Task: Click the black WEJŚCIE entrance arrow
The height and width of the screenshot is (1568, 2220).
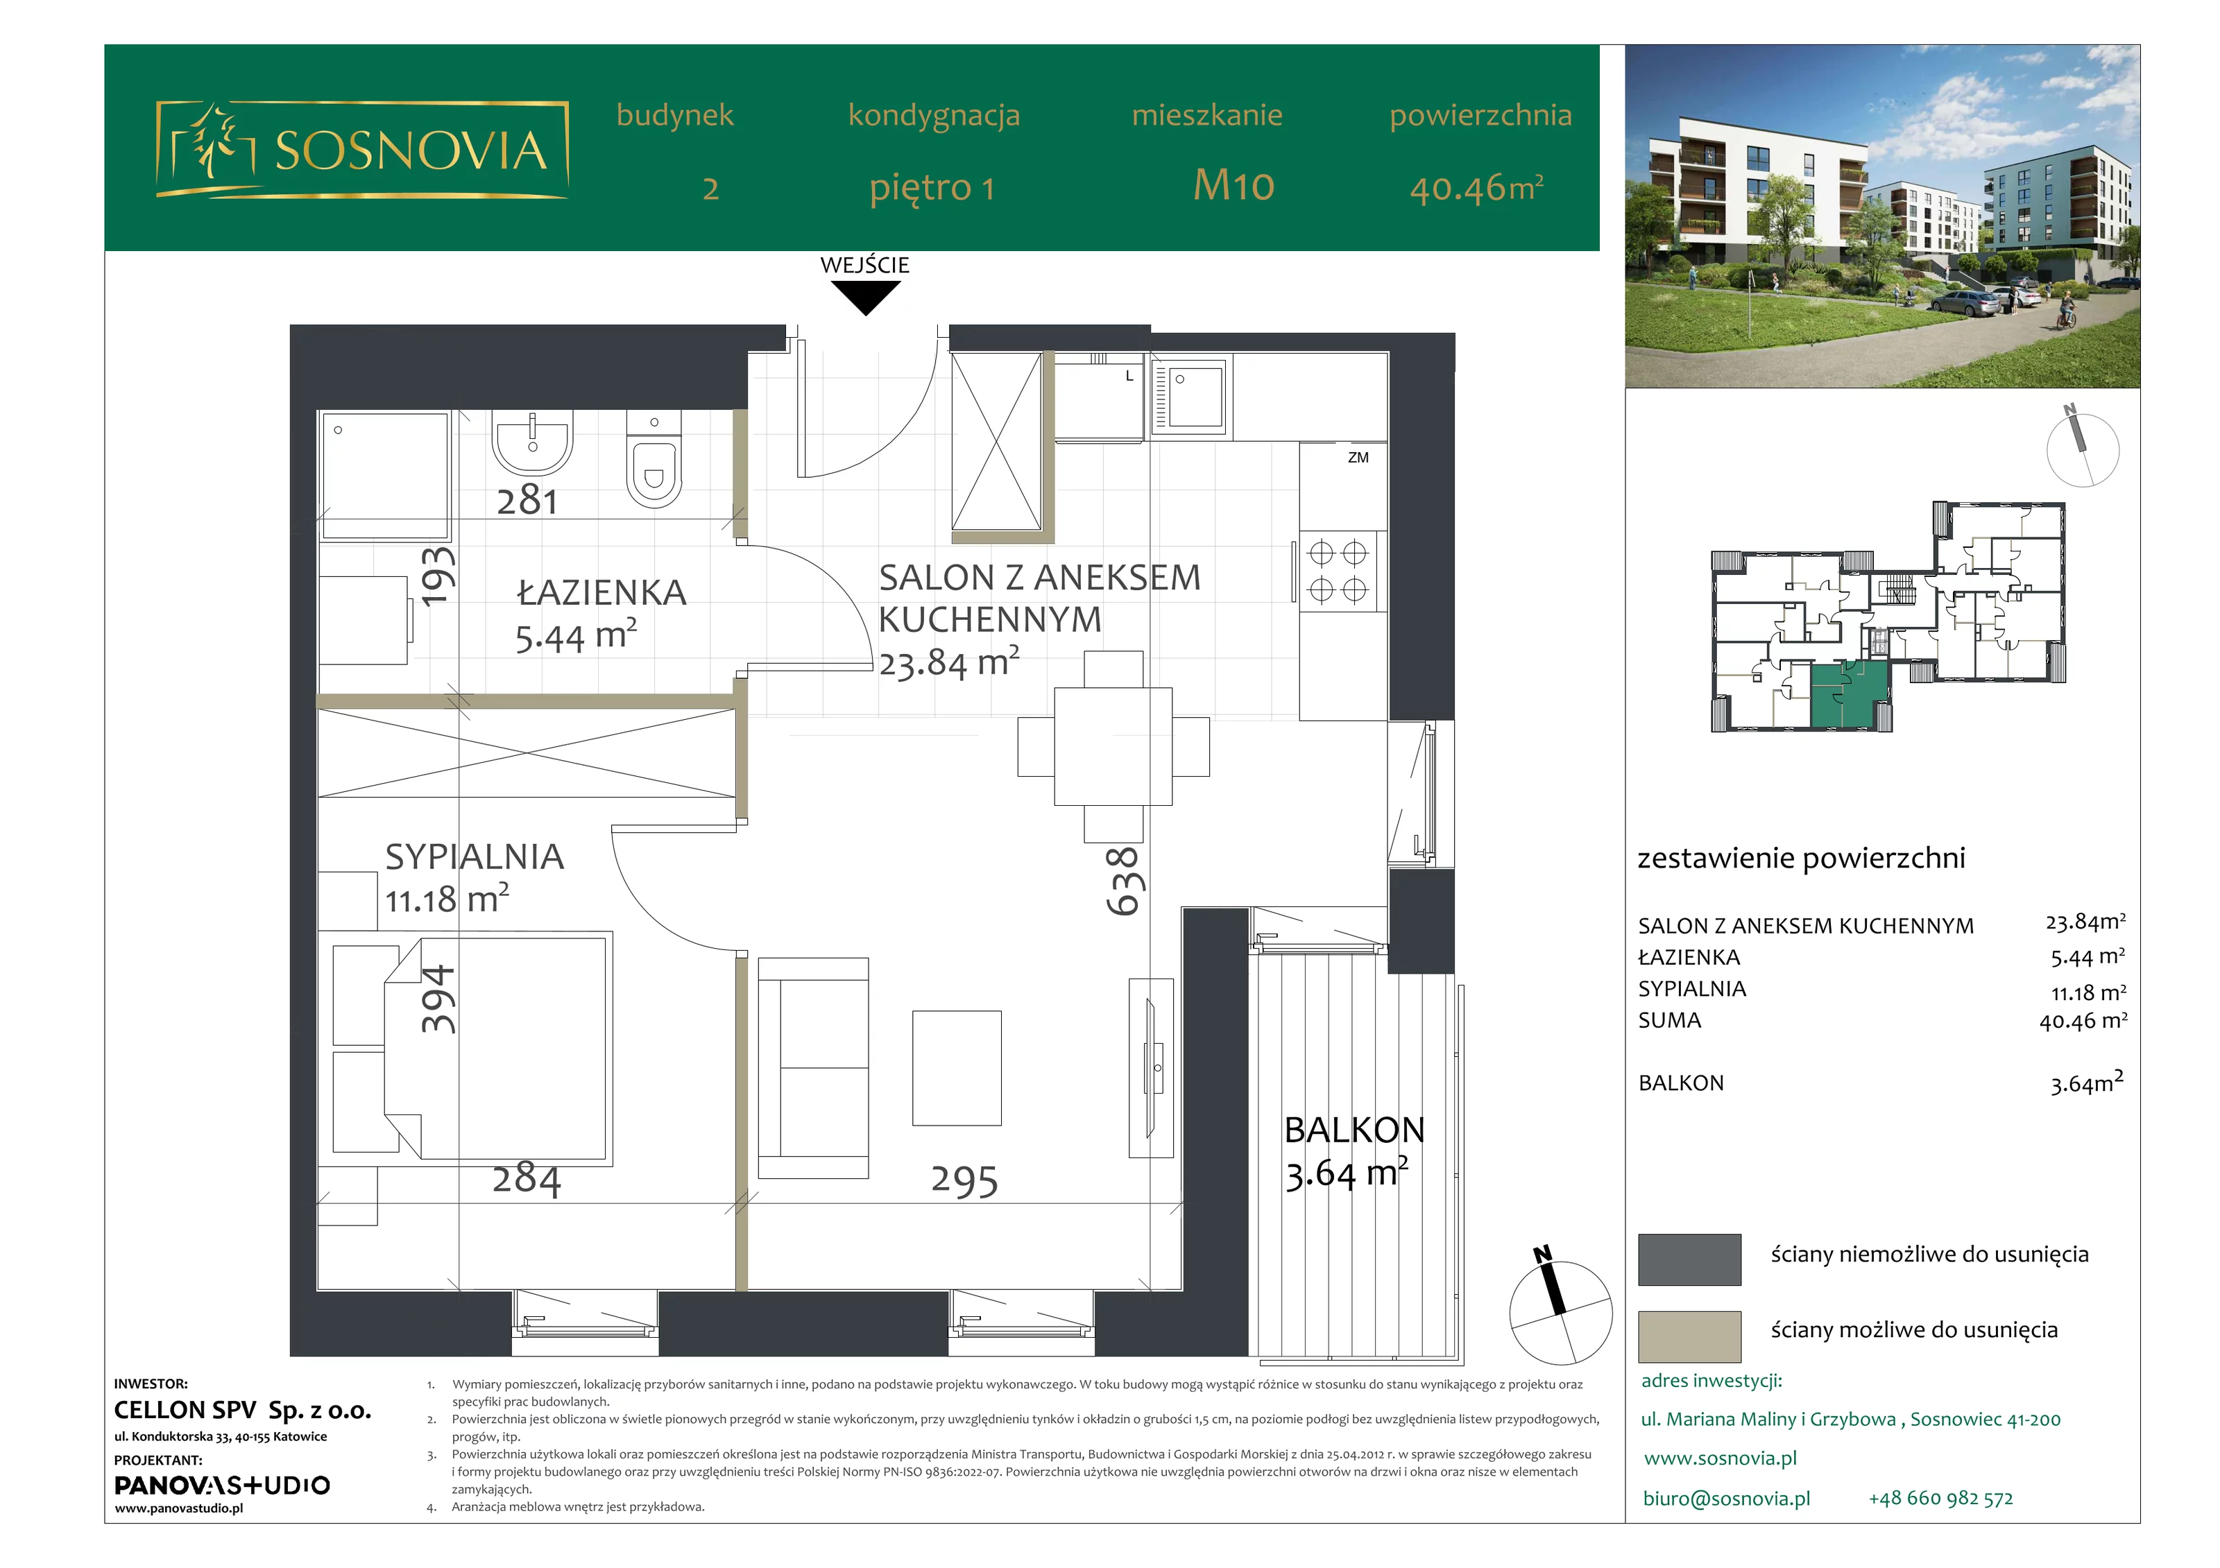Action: click(x=865, y=297)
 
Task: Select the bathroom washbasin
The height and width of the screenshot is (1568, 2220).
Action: click(x=533, y=442)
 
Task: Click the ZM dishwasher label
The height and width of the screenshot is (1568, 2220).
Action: click(x=1358, y=457)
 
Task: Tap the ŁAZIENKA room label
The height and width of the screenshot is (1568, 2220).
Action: click(x=601, y=592)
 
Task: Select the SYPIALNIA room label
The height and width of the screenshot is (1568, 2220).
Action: click(x=475, y=856)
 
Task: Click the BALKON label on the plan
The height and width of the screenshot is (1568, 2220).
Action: click(x=1355, y=1130)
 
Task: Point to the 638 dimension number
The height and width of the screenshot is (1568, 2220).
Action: click(x=1125, y=881)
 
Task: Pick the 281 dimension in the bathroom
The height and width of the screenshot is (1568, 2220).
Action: click(x=527, y=501)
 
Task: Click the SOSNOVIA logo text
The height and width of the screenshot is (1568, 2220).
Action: click(x=411, y=150)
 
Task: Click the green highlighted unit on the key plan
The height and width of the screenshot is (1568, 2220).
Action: click(x=1847, y=694)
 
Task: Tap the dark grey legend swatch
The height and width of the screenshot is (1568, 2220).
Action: click(x=1689, y=1259)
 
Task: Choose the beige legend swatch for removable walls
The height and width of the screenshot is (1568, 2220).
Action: click(x=1689, y=1337)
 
